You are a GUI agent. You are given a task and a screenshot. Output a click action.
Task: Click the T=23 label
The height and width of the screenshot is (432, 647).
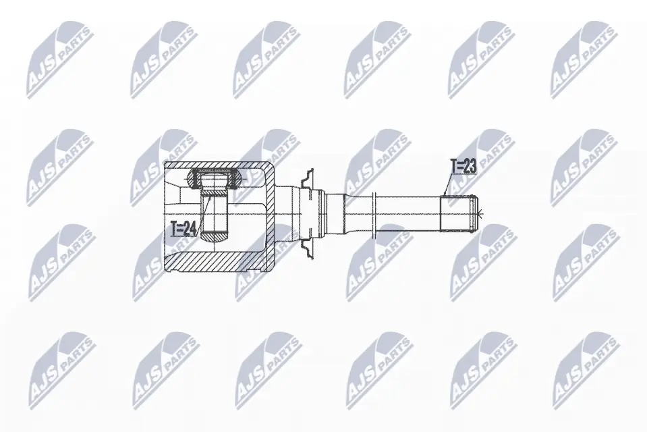click(x=463, y=166)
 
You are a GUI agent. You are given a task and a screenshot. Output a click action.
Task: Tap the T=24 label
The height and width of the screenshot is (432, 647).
click(x=184, y=229)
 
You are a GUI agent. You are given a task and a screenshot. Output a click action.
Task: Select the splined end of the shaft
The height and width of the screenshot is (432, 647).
click(x=459, y=213)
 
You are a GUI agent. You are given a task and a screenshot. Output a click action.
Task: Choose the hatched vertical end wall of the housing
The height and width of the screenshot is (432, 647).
click(x=269, y=217)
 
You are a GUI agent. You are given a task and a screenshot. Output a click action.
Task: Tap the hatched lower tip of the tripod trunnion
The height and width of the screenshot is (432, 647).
click(x=214, y=236)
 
